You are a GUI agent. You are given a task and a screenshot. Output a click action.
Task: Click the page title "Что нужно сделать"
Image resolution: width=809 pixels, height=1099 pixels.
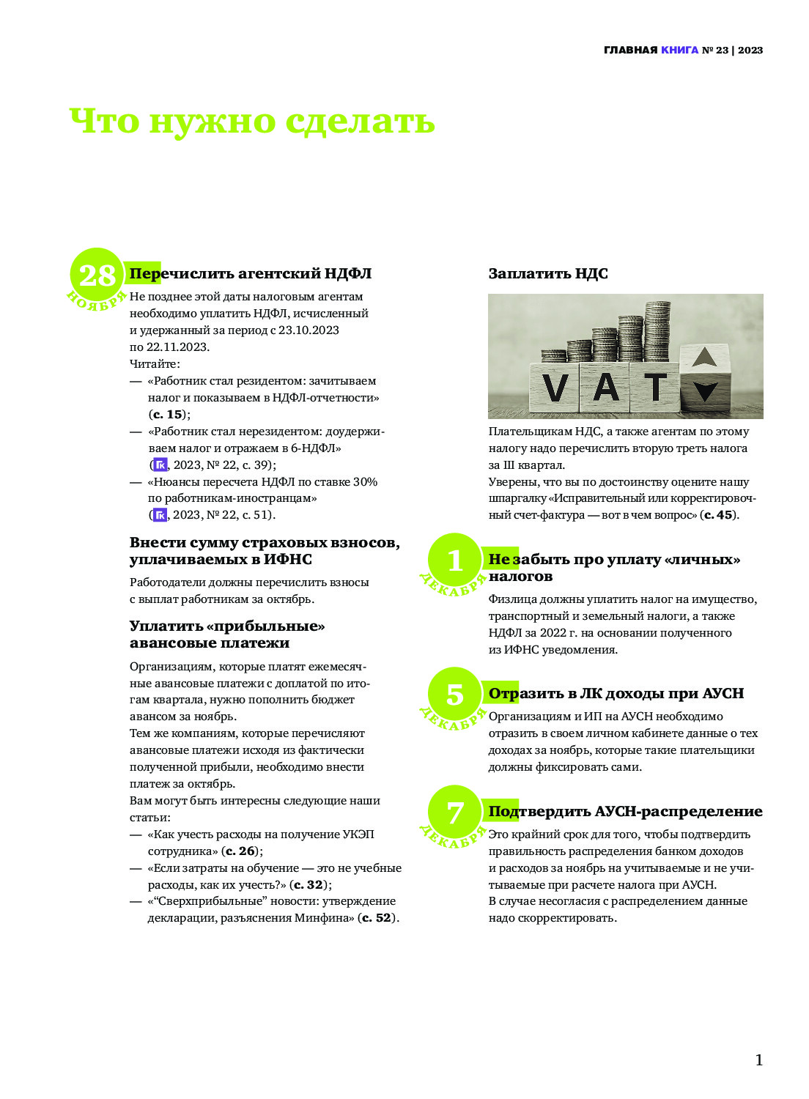pyautogui.click(x=252, y=122)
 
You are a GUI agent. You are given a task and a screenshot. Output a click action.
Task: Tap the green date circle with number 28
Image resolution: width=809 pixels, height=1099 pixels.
pyautogui.click(x=97, y=276)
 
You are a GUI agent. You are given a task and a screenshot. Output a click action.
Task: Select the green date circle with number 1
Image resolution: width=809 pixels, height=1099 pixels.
pyautogui.click(x=455, y=560)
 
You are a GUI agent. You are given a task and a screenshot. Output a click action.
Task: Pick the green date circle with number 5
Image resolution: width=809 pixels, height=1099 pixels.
pyautogui.click(x=455, y=695)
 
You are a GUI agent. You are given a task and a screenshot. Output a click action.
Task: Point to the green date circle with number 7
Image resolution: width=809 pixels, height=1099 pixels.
pyautogui.click(x=455, y=813)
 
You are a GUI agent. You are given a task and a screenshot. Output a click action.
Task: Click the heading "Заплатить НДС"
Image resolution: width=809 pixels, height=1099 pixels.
pyautogui.click(x=548, y=274)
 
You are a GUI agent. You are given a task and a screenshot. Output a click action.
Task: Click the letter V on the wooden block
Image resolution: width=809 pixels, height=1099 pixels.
pyautogui.click(x=555, y=388)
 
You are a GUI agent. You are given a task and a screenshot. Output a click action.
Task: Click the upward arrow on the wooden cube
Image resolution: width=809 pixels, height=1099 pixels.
pyautogui.click(x=704, y=358)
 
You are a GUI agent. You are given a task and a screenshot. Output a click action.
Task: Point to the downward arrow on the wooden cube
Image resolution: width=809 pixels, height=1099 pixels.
pyautogui.click(x=704, y=392)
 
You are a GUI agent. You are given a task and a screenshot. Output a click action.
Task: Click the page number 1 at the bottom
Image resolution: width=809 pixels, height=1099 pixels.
pyautogui.click(x=758, y=1060)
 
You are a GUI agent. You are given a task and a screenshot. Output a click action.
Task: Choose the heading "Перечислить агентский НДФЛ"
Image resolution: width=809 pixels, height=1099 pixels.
pyautogui.click(x=251, y=274)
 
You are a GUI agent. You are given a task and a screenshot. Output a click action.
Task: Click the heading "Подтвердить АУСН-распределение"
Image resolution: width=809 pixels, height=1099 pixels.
pyautogui.click(x=625, y=812)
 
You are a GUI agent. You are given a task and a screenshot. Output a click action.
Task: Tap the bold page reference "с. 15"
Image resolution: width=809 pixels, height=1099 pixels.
pyautogui.click(x=168, y=415)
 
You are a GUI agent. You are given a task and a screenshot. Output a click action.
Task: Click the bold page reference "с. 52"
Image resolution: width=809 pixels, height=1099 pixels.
pyautogui.click(x=378, y=918)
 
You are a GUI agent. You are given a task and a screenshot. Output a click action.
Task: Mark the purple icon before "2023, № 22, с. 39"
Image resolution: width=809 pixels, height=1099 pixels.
pyautogui.click(x=160, y=465)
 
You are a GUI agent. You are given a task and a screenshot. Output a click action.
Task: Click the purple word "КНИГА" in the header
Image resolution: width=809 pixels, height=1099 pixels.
pyautogui.click(x=679, y=51)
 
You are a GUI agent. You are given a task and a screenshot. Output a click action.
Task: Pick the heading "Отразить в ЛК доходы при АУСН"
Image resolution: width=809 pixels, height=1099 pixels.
pyautogui.click(x=616, y=694)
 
